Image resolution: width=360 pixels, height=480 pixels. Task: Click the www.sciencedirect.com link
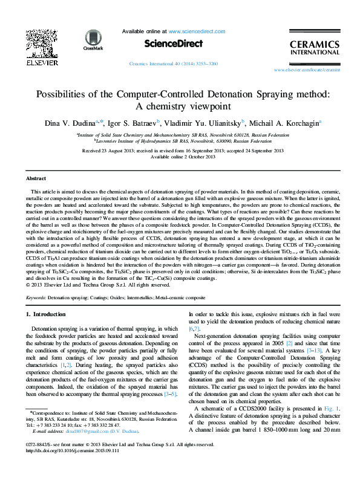(x=192, y=30)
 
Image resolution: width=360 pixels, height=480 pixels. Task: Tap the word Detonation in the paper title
(x=236, y=94)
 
